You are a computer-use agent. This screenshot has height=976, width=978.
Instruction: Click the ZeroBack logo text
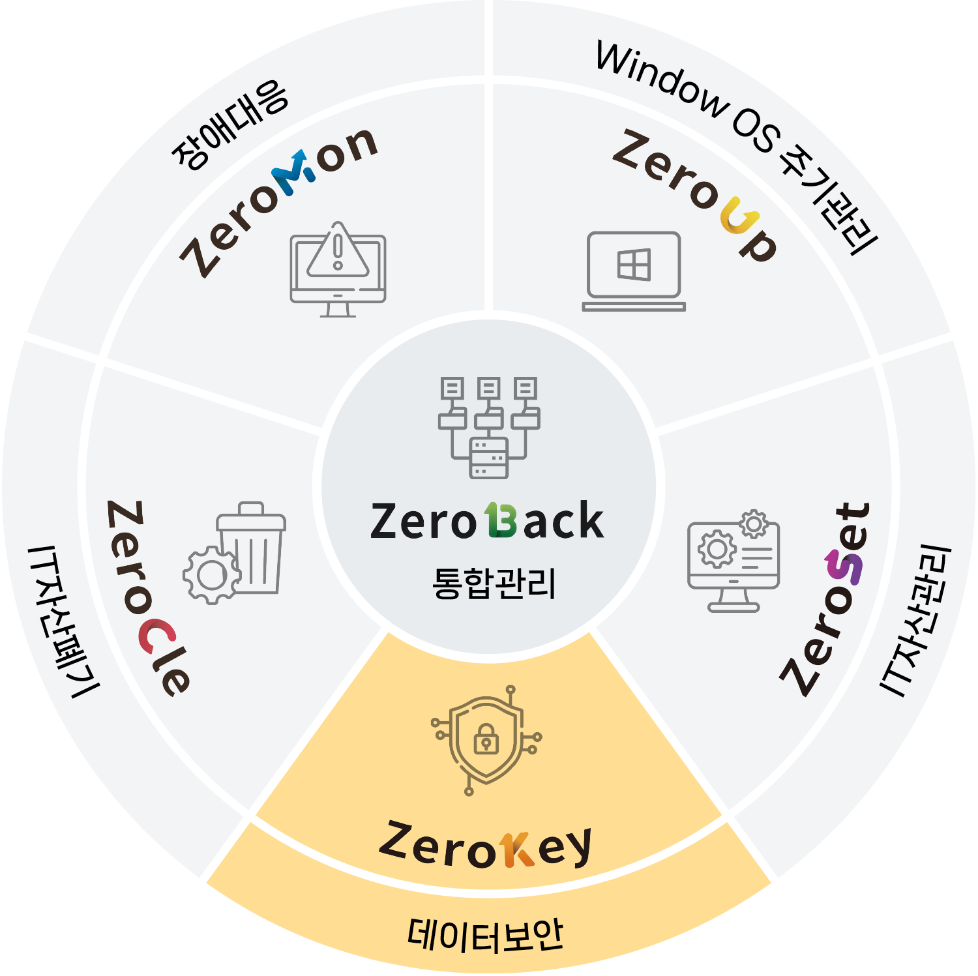tap(486, 522)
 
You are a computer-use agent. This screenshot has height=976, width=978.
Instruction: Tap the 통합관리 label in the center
tap(494, 583)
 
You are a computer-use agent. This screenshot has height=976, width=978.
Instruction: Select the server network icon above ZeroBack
tap(489, 427)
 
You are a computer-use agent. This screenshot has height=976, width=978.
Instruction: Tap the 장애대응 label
tap(230, 125)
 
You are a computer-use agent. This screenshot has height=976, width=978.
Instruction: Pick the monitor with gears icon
tap(734, 561)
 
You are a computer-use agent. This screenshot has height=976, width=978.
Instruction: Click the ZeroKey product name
tap(486, 846)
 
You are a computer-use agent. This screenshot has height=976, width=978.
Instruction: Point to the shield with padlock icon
tap(486, 740)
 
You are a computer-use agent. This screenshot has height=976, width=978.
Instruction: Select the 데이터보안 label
tap(486, 935)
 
